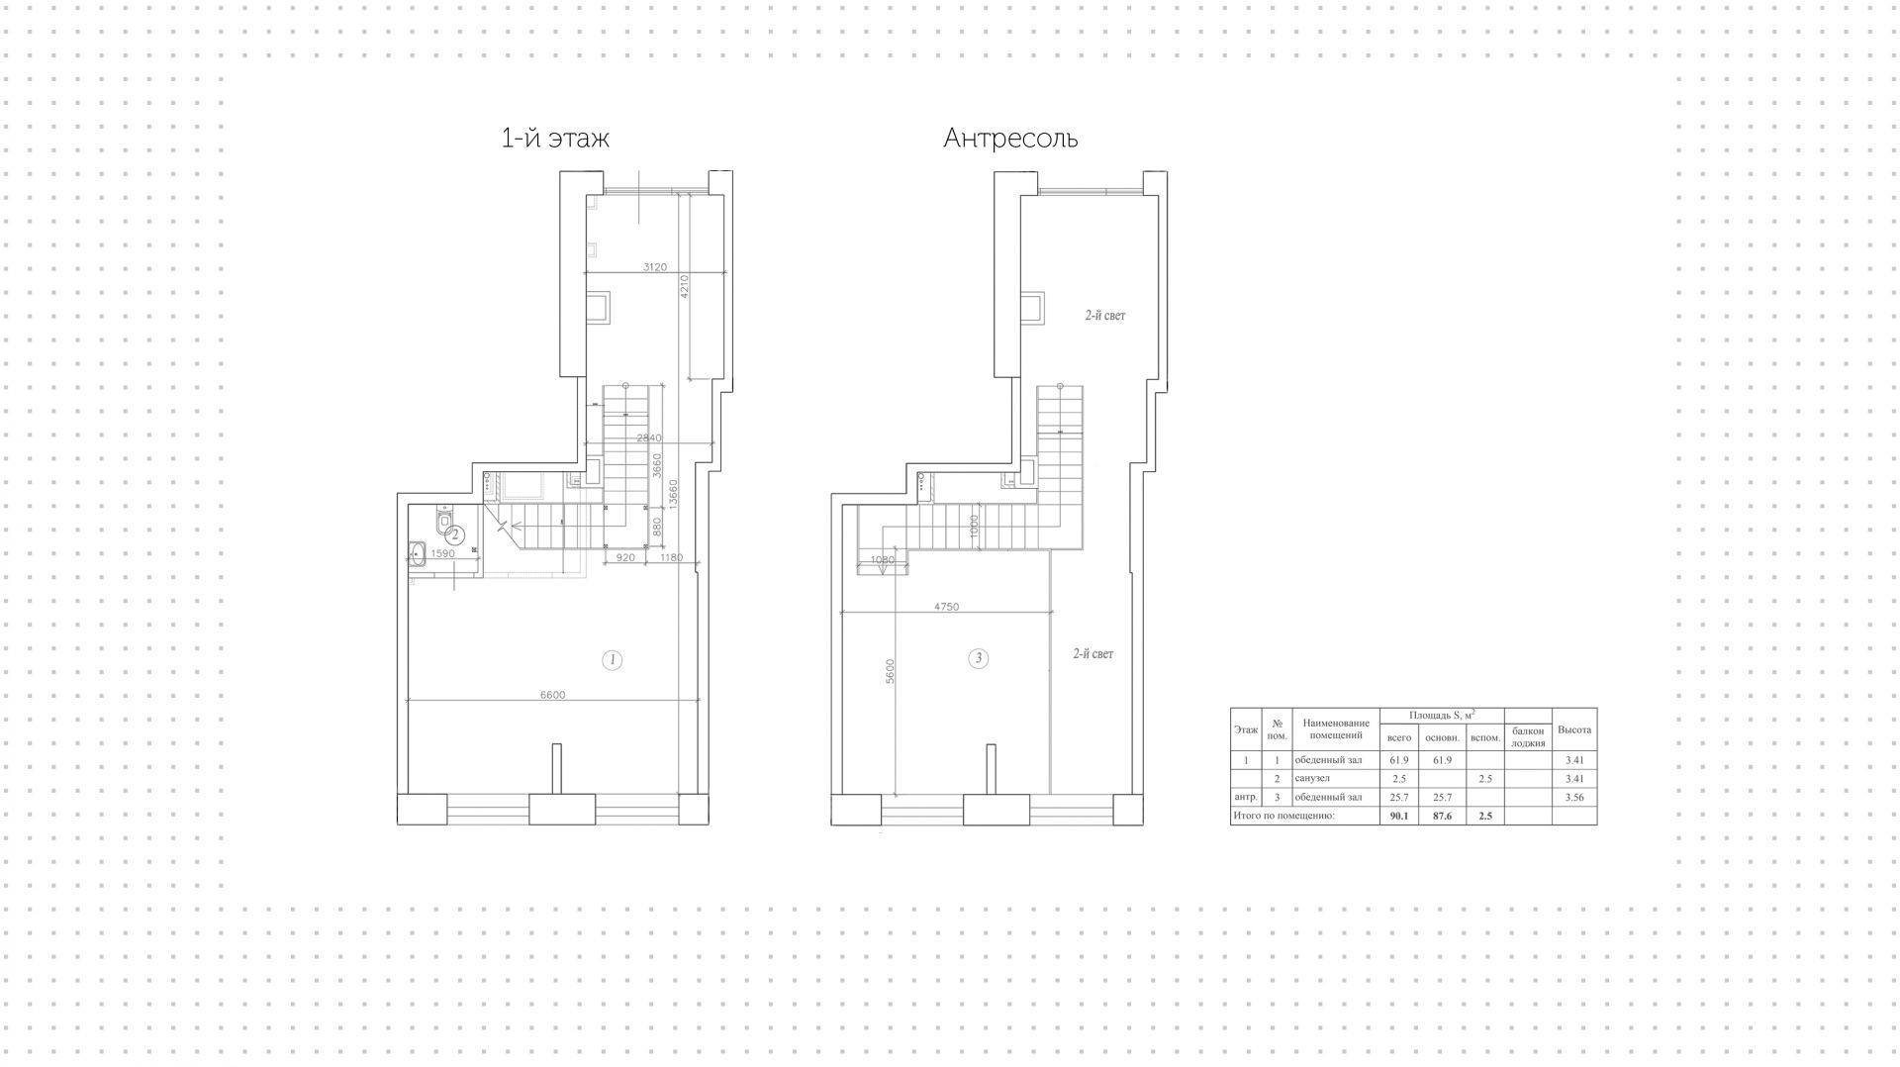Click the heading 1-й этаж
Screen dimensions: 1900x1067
[x=555, y=138]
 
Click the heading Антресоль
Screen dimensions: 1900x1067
[x=1010, y=138]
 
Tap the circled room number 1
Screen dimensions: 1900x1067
[x=613, y=659]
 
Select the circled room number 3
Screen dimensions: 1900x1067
[x=978, y=657]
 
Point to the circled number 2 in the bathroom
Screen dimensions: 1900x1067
[x=456, y=534]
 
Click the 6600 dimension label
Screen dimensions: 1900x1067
[x=552, y=695]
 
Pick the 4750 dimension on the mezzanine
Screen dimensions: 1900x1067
[x=946, y=607]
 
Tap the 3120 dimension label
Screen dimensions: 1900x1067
[x=654, y=266]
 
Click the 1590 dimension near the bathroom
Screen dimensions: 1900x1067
[x=442, y=553]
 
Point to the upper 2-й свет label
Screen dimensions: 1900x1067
[x=1104, y=316]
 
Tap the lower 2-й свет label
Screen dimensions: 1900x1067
[x=1092, y=654]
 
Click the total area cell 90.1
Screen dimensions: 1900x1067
[x=1399, y=816]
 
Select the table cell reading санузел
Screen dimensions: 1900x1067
[x=1312, y=779]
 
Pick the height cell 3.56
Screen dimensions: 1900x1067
[x=1574, y=797]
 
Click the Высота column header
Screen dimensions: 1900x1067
[x=1574, y=730]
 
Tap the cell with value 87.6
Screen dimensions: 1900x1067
[x=1442, y=816]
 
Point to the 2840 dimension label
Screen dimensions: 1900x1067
[x=648, y=437]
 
